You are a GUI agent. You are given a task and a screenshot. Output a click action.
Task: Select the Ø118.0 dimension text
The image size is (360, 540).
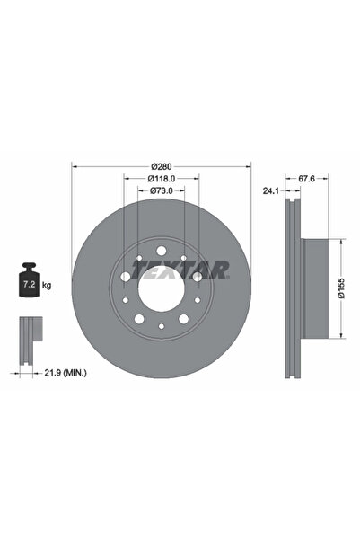click(162, 180)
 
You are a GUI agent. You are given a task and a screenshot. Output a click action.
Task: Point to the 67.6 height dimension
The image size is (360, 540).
click(306, 179)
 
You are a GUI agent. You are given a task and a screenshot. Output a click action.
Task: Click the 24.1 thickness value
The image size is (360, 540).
click(268, 190)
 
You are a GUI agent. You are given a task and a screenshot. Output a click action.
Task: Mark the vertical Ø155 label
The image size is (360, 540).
click(354, 289)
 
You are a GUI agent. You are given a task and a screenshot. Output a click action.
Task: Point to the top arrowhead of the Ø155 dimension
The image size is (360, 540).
click(341, 241)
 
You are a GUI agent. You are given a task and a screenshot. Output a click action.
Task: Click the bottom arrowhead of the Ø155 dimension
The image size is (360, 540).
click(341, 338)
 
